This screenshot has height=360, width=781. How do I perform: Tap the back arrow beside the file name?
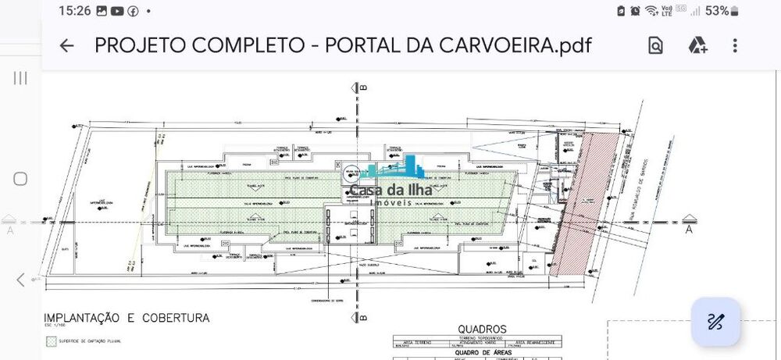(66, 46)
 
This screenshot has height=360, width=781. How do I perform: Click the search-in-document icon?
(655, 46)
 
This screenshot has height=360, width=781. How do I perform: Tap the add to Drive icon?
(697, 46)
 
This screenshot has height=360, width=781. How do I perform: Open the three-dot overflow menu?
(735, 46)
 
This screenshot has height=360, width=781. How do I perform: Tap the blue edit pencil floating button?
(715, 322)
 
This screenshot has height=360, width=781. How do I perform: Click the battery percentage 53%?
(717, 11)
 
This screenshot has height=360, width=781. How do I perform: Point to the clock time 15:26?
(75, 11)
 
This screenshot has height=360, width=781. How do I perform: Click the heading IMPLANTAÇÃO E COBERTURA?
(126, 318)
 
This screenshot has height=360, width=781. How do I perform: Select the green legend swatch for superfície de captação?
(52, 340)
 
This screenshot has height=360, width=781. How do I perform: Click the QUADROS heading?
(482, 329)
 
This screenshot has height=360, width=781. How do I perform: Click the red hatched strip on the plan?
(578, 203)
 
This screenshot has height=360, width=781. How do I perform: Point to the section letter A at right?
(689, 230)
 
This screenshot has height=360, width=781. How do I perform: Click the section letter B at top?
(364, 88)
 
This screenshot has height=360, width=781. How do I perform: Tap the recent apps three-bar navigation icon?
(20, 78)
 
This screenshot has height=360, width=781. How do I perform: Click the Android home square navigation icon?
(20, 179)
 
